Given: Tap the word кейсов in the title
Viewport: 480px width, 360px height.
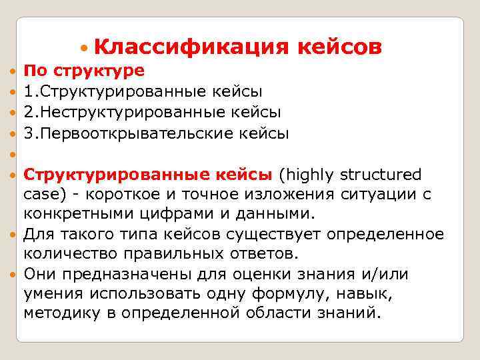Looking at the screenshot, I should click(339, 48).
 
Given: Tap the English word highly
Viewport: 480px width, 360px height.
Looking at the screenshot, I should click(309, 175).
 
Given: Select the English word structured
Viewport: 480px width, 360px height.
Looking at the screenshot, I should click(381, 175).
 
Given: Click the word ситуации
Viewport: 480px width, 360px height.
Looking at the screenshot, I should click(379, 195).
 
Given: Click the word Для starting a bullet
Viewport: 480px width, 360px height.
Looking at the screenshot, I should click(39, 235).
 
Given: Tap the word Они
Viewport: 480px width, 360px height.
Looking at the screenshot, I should click(40, 274).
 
